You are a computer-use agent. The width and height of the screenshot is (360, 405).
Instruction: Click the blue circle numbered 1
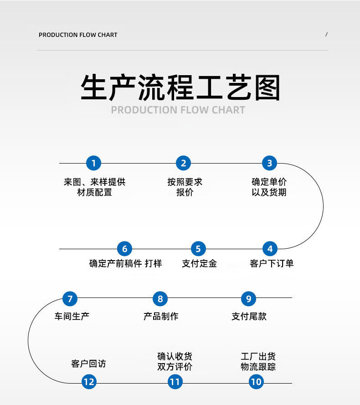(93, 163)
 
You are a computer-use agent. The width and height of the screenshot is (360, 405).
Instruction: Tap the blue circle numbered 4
(270, 249)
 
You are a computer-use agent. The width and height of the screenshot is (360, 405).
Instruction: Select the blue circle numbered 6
(124, 249)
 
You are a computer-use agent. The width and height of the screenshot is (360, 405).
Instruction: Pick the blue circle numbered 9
(248, 299)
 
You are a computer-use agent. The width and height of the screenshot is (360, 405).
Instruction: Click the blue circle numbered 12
(89, 381)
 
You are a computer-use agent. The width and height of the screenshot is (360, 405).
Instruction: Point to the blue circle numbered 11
(175, 381)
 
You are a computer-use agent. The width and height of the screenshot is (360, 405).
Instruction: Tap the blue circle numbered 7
(70, 299)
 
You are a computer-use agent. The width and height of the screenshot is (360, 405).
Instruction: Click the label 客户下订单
(272, 263)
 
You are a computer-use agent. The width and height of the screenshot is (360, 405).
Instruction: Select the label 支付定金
(199, 263)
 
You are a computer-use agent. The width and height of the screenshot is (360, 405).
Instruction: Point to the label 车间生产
(72, 316)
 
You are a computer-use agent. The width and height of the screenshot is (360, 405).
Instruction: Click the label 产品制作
(161, 316)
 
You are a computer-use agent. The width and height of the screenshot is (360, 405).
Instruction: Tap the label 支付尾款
(249, 316)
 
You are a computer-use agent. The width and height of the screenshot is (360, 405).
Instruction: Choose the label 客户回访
(88, 364)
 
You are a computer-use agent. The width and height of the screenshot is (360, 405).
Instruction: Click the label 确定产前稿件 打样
(125, 263)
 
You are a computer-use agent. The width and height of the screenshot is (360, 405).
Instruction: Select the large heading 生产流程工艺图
(180, 87)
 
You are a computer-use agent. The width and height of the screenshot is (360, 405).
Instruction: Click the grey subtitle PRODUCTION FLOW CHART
(178, 110)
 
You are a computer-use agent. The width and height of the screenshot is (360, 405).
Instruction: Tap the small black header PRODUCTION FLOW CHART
(78, 35)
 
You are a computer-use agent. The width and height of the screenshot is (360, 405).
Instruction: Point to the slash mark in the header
(327, 35)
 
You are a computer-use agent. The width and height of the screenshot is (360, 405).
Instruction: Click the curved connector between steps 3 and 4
(323, 206)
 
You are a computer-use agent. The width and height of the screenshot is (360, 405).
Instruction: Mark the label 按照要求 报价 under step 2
(185, 187)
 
